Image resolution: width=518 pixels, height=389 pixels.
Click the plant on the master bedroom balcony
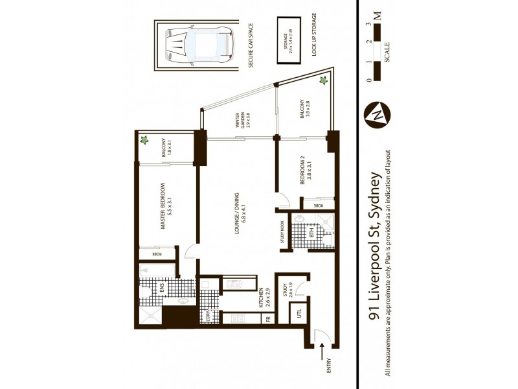(145, 139)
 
